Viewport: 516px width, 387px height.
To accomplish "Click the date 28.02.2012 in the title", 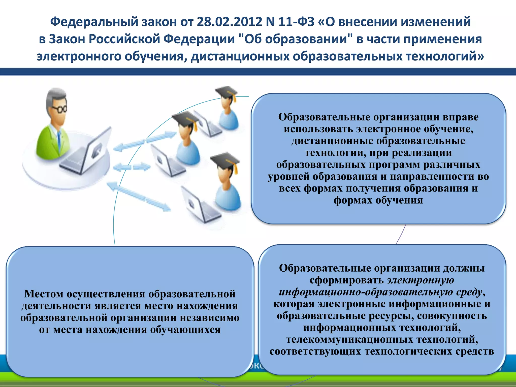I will [x=230, y=22].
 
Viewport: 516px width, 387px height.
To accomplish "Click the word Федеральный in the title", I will [x=94, y=22].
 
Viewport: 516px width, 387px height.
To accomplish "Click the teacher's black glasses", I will [x=60, y=109].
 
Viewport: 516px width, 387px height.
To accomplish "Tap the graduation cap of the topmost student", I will [x=226, y=92].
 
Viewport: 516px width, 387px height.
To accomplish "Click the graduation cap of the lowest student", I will [x=225, y=160].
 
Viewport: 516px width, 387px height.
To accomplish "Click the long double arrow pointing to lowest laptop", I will [x=139, y=196].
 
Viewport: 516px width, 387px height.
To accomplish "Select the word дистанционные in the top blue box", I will [x=332, y=141].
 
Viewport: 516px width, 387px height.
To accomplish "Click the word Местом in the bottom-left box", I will [x=44, y=294].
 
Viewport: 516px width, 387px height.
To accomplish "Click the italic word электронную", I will [x=421, y=280].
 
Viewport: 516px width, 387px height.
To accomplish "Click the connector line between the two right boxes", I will [x=401, y=234].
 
